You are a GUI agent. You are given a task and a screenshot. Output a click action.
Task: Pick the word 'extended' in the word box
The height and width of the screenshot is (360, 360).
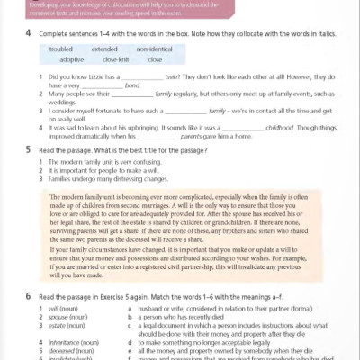click(104, 49)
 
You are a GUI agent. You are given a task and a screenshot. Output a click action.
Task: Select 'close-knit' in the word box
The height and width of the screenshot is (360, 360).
click(116, 59)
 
